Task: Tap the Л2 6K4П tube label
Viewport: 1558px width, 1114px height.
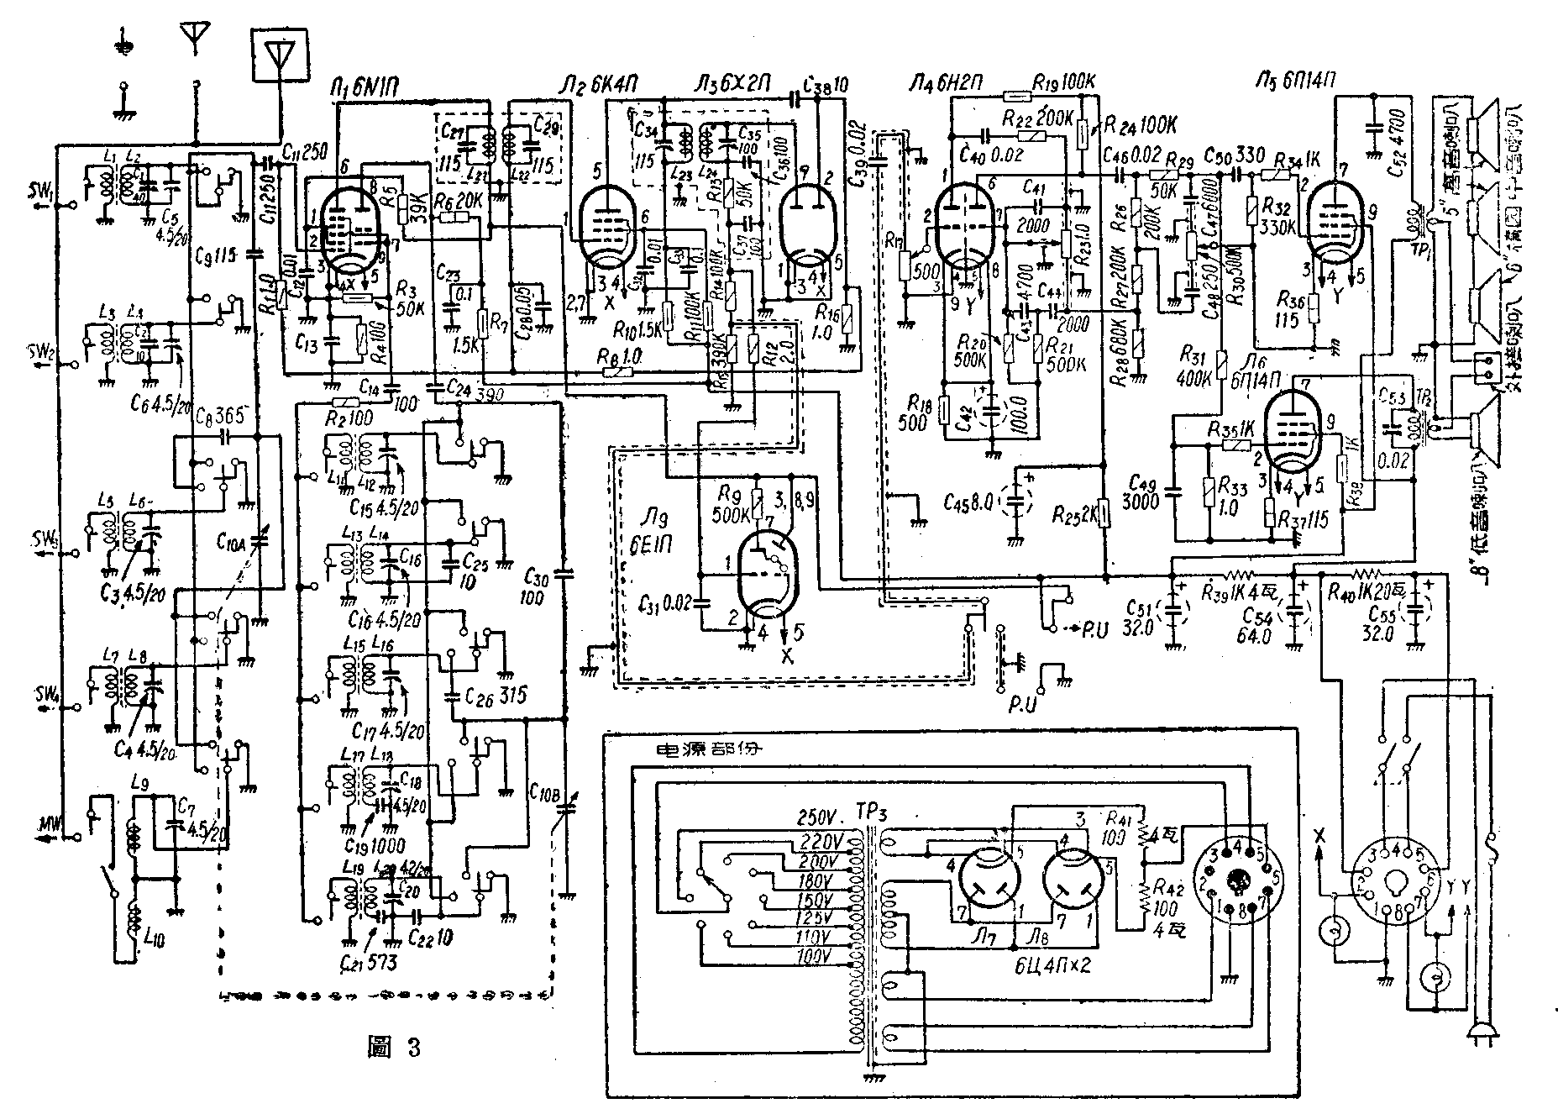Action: (x=598, y=85)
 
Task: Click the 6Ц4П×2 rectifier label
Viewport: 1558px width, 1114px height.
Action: (x=1050, y=964)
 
